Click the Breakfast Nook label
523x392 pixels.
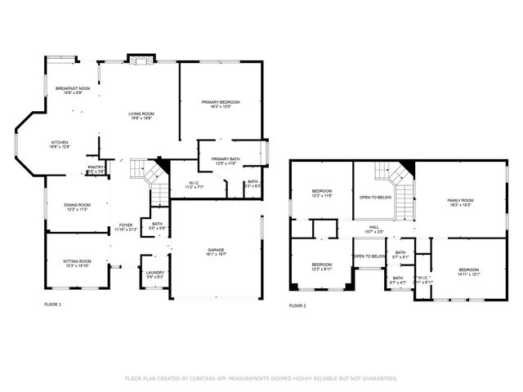click(73, 88)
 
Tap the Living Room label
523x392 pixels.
click(141, 114)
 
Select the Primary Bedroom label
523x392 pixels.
click(221, 102)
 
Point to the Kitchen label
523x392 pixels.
click(60, 142)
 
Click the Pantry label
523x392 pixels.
click(96, 168)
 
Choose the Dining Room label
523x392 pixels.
click(78, 205)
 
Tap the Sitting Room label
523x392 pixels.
click(78, 261)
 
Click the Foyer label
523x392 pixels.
click(126, 225)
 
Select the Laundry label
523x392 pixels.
click(154, 273)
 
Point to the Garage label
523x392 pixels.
click(216, 250)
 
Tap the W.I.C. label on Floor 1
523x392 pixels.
click(194, 183)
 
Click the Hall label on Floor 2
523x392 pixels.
click(373, 228)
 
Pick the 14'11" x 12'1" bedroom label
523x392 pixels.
click(468, 270)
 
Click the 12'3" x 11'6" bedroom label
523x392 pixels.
click(321, 192)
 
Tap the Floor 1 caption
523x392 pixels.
click(52, 305)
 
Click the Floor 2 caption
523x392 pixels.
click(297, 305)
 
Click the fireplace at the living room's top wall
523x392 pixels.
click(140, 60)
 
